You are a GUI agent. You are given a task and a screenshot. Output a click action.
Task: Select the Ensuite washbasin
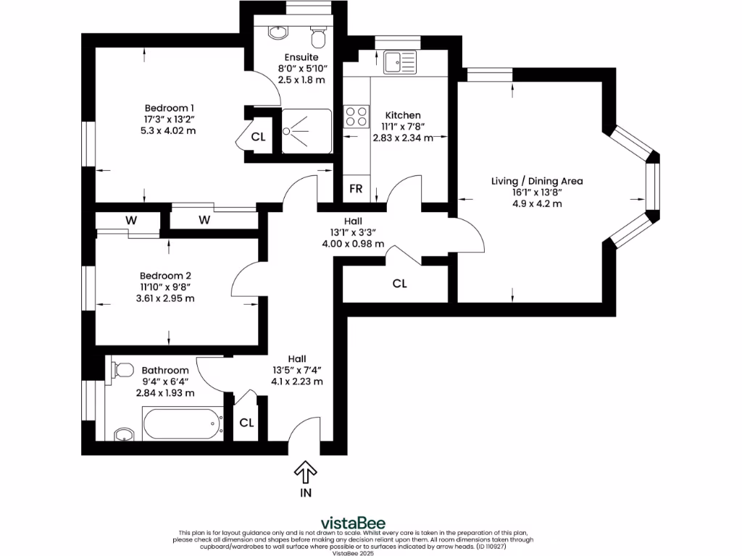pyautogui.click(x=278, y=33)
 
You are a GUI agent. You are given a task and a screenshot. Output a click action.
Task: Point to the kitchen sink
pyautogui.click(x=400, y=62)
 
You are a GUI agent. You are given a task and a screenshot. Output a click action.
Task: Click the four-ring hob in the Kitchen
pyautogui.click(x=356, y=116)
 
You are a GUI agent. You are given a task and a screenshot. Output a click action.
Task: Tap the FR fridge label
pyautogui.click(x=356, y=189)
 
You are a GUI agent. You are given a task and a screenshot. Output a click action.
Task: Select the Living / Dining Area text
pyautogui.click(x=536, y=181)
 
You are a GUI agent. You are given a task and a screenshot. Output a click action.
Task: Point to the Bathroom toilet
pyautogui.click(x=121, y=370)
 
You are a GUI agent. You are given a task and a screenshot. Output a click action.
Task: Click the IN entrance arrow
pyautogui.click(x=306, y=472)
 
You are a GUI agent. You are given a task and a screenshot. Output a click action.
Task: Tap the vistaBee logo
pyautogui.click(x=353, y=523)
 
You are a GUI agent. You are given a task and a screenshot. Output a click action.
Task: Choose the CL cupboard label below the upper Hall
pyautogui.click(x=399, y=284)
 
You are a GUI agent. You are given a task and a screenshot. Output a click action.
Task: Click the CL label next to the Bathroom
pyautogui.click(x=246, y=422)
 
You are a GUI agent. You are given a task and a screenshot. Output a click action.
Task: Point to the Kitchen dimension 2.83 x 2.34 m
pyautogui.click(x=403, y=138)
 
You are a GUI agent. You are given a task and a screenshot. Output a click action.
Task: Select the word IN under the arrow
pyautogui.click(x=306, y=493)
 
